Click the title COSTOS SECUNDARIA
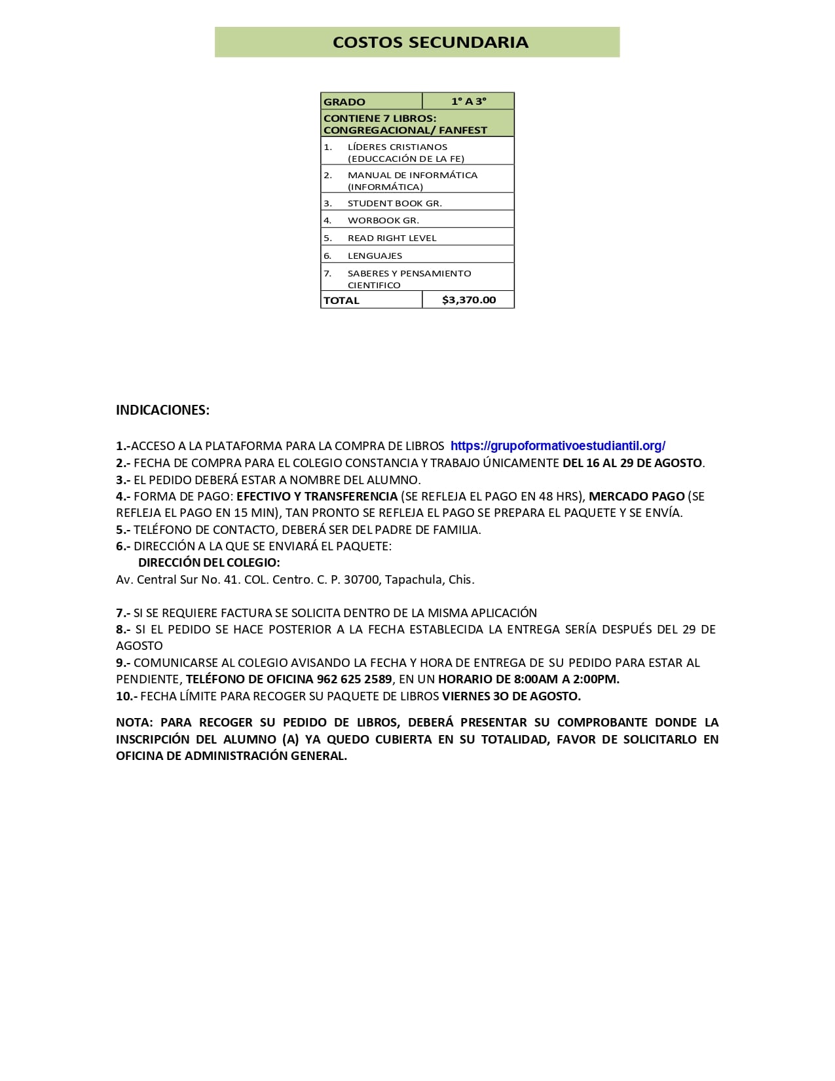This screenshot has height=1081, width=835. [x=430, y=42]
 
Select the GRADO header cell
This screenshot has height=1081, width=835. [x=344, y=102]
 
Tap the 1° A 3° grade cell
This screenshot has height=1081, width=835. [x=468, y=101]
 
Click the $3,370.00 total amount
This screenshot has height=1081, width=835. [x=469, y=299]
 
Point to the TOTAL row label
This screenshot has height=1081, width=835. [x=341, y=300]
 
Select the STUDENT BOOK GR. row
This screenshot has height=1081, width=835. [x=394, y=203]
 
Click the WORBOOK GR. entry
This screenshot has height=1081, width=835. [x=383, y=220]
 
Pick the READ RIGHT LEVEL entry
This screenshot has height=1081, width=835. [x=392, y=238]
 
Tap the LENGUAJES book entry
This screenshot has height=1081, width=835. [x=375, y=256]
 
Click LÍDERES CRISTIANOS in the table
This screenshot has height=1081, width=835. [x=398, y=147]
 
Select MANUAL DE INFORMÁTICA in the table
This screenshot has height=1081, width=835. [x=413, y=175]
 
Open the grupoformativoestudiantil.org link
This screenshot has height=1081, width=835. [x=557, y=446]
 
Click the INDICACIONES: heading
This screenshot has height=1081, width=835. [x=162, y=410]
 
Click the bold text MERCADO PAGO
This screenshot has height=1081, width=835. [x=637, y=496]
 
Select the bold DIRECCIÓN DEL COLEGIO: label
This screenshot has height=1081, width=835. [x=209, y=562]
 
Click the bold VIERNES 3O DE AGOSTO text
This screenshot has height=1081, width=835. [x=511, y=696]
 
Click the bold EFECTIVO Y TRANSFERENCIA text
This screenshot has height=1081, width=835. [x=317, y=496]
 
